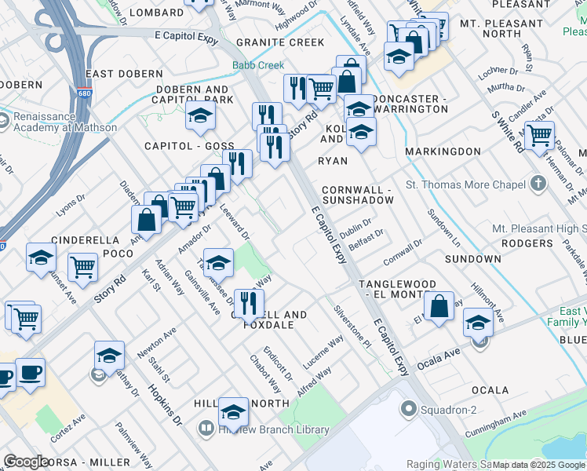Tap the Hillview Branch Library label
pos(274,429)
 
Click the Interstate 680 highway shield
pos(84,93)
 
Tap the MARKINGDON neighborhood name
pos(443,151)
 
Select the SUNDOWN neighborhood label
pos(472,258)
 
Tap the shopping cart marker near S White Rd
pos(539,135)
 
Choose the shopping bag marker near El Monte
pos(439,306)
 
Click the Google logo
pos(26,462)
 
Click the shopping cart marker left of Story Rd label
pos(82,267)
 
